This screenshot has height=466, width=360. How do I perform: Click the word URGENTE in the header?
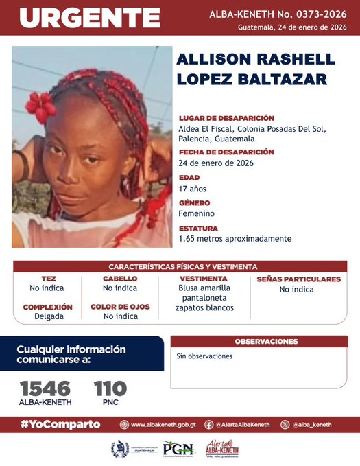(x=89, y=18)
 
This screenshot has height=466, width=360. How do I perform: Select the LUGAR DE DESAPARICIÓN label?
(x=226, y=118)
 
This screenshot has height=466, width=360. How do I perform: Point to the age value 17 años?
(x=192, y=189)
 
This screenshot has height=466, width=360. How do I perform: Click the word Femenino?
(x=196, y=213)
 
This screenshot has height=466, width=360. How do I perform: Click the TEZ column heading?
(x=48, y=279)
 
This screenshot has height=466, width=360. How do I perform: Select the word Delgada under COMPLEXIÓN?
(x=48, y=316)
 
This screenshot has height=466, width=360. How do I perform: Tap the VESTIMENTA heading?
(x=203, y=279)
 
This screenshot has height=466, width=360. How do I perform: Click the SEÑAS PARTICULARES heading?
(x=298, y=279)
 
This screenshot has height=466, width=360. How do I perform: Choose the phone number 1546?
(x=45, y=389)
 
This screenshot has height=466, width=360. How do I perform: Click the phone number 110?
(x=110, y=389)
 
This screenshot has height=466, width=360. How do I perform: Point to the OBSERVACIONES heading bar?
(x=266, y=341)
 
